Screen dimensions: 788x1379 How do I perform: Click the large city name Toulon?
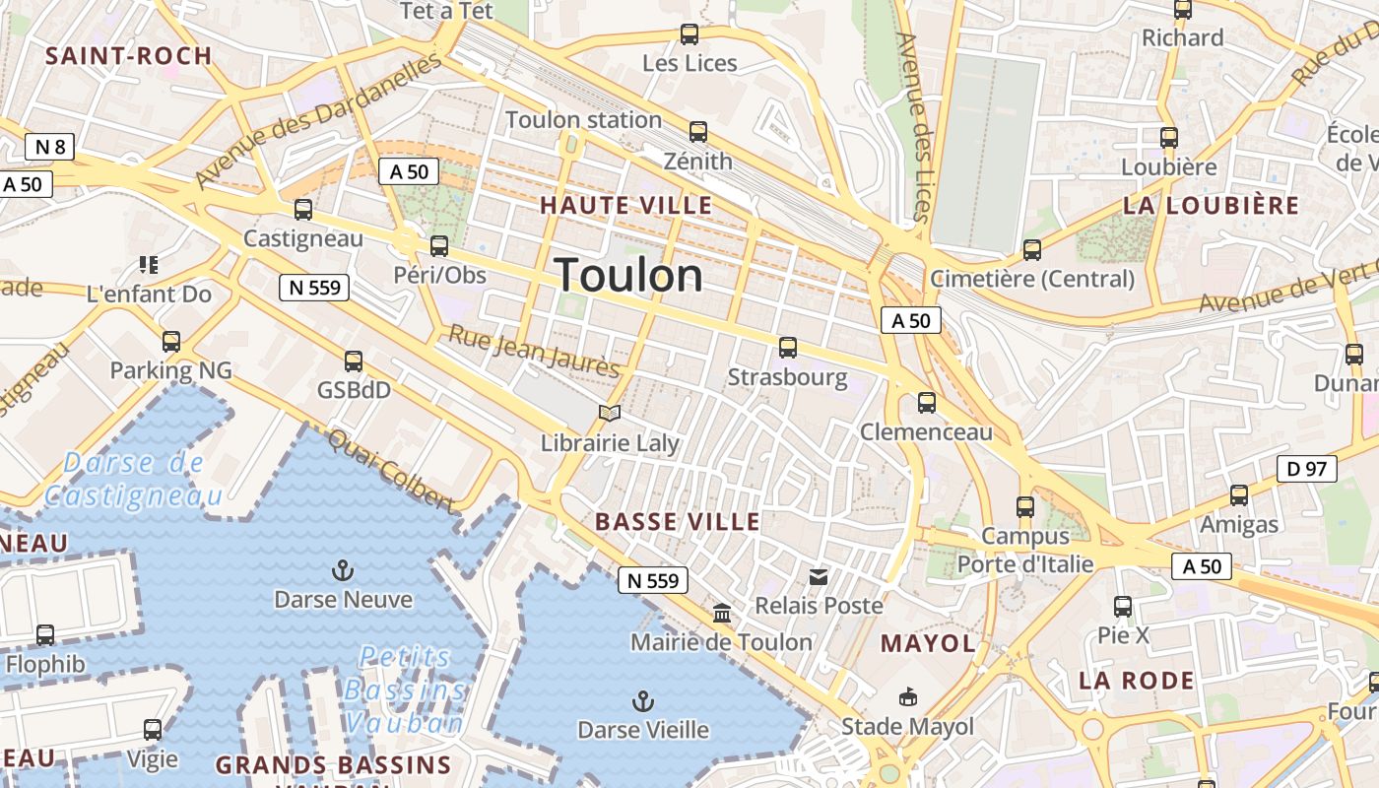point(629,276)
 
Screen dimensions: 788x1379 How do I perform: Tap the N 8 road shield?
point(50,148)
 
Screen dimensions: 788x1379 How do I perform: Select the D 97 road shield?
point(1307,469)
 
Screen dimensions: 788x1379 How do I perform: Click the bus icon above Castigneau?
point(303,210)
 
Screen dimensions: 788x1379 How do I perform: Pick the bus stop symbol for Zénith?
point(698,132)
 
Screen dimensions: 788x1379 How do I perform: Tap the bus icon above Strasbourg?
point(788,348)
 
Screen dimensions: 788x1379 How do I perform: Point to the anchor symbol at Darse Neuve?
point(343,570)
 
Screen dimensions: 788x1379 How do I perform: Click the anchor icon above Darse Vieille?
point(643,701)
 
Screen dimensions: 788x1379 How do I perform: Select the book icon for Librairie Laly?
point(610,414)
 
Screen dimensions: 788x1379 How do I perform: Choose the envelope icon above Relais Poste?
point(819,576)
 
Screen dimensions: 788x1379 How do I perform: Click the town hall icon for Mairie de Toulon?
point(722,614)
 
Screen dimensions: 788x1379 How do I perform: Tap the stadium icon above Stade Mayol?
point(907,698)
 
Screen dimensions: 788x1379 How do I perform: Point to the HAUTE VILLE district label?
point(626,206)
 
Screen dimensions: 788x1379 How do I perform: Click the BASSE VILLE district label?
point(679,522)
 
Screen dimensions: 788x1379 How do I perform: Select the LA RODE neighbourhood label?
point(1137,681)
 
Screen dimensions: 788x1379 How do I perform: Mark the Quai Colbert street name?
point(391,471)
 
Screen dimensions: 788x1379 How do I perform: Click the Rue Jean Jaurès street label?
point(535,352)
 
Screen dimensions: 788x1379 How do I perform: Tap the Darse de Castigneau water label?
point(133,479)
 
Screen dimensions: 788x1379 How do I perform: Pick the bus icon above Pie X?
point(1123,607)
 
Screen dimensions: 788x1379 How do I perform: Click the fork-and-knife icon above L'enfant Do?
point(149,264)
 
